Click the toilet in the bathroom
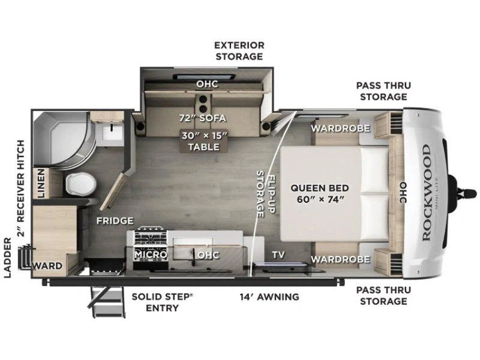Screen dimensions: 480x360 click(x=81, y=184)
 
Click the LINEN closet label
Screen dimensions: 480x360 click(x=41, y=183)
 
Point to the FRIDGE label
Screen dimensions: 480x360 click(x=115, y=221)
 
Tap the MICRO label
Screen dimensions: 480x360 click(x=151, y=254)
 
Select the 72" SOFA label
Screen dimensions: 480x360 click(x=203, y=118)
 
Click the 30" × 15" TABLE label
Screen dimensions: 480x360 click(x=204, y=141)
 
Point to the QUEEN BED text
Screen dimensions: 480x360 click(x=320, y=188)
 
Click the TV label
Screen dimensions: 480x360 click(x=278, y=254)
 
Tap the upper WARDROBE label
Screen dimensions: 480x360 click(x=340, y=128)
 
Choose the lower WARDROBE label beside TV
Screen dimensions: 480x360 click(x=340, y=260)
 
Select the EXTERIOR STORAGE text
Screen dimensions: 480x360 click(x=239, y=51)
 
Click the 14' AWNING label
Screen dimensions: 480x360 click(x=269, y=296)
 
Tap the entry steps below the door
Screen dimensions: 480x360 click(x=107, y=302)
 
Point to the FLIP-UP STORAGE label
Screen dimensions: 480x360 click(x=265, y=194)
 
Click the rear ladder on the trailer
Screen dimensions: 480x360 click(x=25, y=257)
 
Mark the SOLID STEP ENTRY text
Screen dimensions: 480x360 click(x=162, y=302)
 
